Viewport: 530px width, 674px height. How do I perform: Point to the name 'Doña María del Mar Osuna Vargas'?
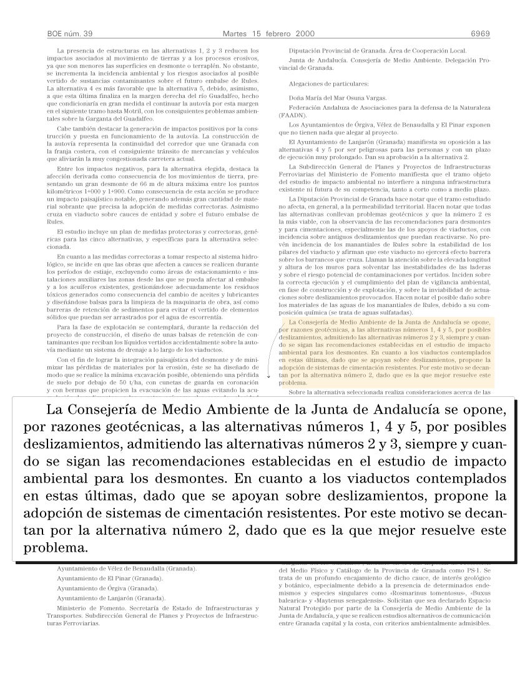[338, 98]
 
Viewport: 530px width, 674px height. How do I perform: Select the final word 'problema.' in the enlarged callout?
[56, 549]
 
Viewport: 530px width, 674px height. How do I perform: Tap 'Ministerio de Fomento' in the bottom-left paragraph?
[86, 607]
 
